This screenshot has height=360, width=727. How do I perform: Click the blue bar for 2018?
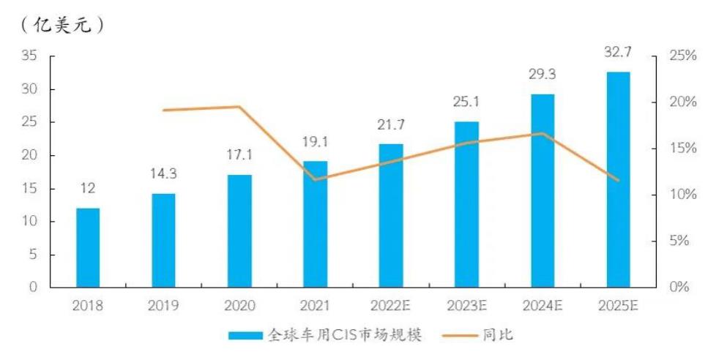tap(88, 247)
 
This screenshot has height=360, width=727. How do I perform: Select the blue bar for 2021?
tap(316, 224)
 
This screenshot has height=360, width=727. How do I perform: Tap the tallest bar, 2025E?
tap(619, 179)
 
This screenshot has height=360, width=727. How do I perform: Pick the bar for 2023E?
tap(466, 204)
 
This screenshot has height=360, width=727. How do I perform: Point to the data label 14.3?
tap(163, 174)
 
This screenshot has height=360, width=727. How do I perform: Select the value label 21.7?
tap(391, 125)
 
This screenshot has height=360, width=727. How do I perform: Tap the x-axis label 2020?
tap(239, 306)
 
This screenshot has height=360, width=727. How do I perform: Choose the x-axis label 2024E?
tap(543, 306)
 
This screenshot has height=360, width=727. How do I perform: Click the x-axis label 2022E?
tap(391, 306)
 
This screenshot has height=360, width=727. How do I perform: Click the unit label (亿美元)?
tap(63, 24)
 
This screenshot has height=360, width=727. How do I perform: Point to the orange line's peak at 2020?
tap(239, 107)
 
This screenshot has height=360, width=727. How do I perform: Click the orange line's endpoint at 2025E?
tap(619, 180)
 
